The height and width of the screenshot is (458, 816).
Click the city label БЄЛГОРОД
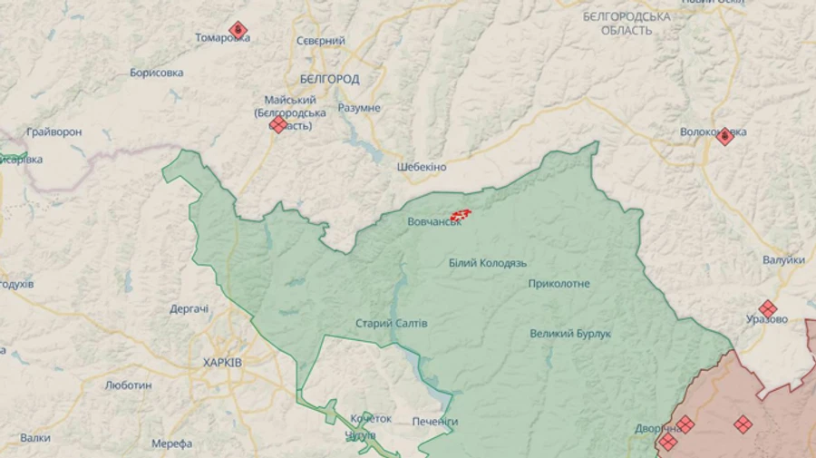pyautogui.click(x=328, y=79)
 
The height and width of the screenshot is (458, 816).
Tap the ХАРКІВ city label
pyautogui.click(x=222, y=362)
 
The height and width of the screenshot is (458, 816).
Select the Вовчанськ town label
pyautogui.click(x=433, y=221)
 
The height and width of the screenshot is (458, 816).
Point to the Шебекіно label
pyautogui.click(x=422, y=167)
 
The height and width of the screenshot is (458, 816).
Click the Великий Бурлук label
pyautogui.click(x=570, y=334)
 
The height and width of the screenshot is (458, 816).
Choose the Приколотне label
pyautogui.click(x=559, y=284)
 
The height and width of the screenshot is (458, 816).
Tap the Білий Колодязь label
pyautogui.click(x=487, y=262)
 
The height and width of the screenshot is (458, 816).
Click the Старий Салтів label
pyautogui.click(x=391, y=324)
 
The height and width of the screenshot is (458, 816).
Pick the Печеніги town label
pyautogui.click(x=435, y=422)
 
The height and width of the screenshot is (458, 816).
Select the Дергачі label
pyautogui.click(x=189, y=308)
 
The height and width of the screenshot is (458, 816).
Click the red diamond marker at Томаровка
pyautogui.click(x=238, y=30)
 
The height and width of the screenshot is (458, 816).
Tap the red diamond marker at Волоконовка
pyautogui.click(x=724, y=136)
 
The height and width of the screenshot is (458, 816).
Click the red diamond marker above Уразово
pyautogui.click(x=768, y=308)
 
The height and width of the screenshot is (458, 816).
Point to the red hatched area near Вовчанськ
pyautogui.click(x=461, y=215)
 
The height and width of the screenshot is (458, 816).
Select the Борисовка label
pyautogui.click(x=156, y=73)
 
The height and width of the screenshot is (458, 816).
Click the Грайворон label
pyautogui.click(x=54, y=132)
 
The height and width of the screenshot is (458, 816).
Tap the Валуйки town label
pyautogui.click(x=783, y=260)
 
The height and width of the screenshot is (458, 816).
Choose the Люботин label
pyautogui.click(x=128, y=385)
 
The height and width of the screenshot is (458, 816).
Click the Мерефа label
pyautogui.click(x=172, y=443)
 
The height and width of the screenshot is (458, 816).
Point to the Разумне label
pyautogui.click(x=359, y=108)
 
